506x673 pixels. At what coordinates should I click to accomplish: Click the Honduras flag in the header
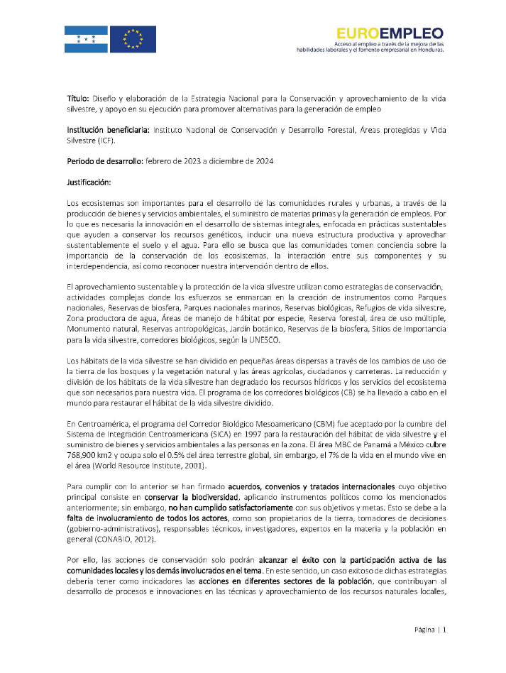(x=86, y=39)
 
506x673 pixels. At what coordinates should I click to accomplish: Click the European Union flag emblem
(x=133, y=39)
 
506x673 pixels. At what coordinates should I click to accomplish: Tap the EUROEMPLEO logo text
(x=390, y=33)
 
